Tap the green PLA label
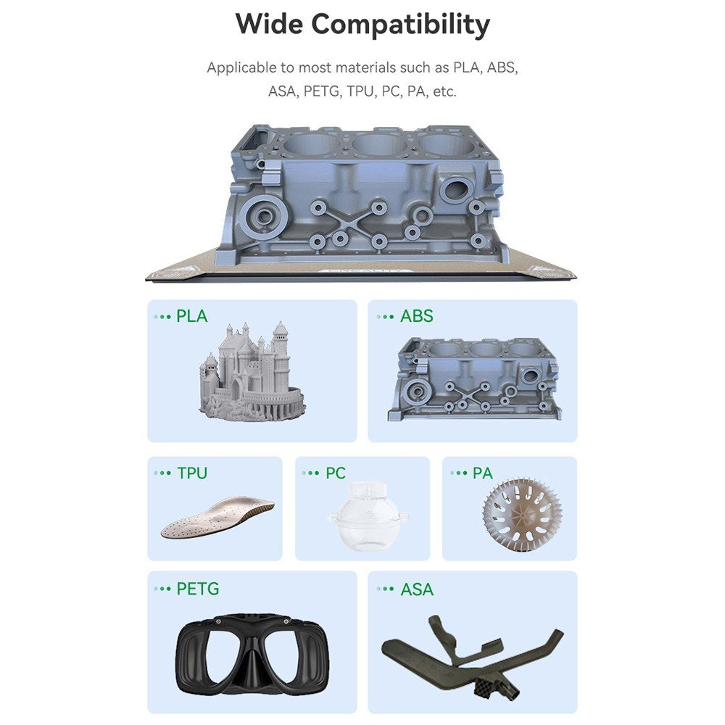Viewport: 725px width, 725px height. [192, 316]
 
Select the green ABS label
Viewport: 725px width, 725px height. [417, 316]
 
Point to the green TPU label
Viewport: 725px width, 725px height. [192, 473]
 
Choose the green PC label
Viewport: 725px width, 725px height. [335, 473]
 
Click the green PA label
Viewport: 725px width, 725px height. [482, 473]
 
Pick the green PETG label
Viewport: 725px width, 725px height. [198, 589]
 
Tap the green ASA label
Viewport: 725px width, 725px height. [417, 589]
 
